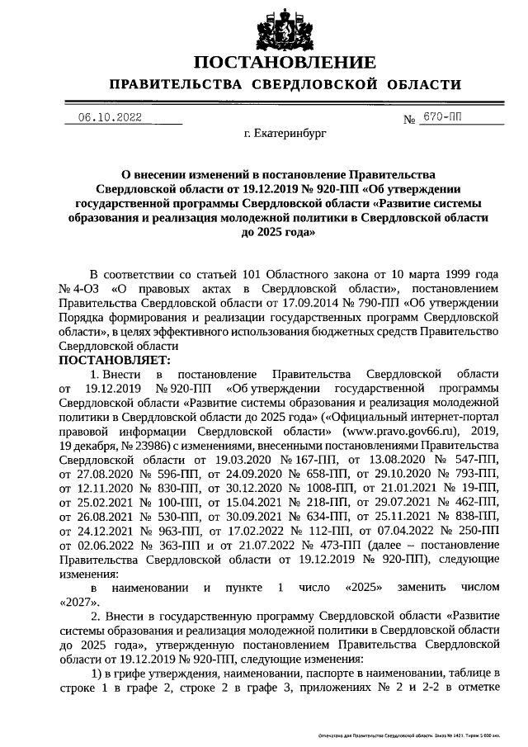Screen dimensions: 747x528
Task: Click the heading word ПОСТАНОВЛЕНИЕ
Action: pyautogui.click(x=285, y=64)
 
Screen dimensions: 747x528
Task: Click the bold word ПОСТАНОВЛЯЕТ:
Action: pyautogui.click(x=115, y=360)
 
